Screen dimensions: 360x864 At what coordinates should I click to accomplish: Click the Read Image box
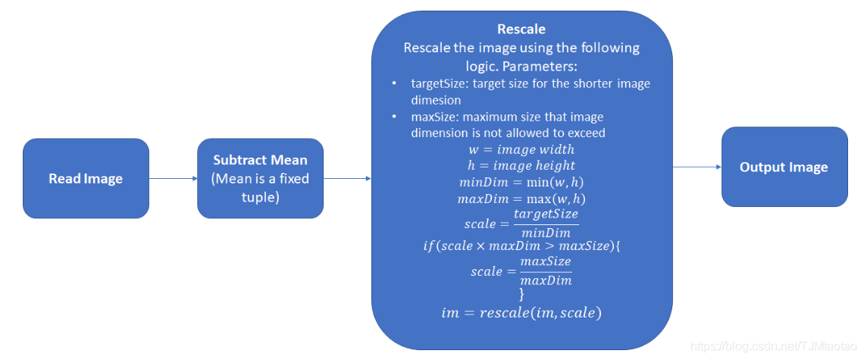[86, 179]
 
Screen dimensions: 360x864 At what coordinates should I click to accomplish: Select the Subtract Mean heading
[260, 160]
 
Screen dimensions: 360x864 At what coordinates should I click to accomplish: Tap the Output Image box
[784, 167]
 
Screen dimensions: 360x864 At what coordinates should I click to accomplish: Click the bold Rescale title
[521, 30]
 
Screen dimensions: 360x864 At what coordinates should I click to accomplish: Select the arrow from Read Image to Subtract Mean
[173, 179]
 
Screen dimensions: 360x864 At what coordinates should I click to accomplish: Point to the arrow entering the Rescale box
[346, 179]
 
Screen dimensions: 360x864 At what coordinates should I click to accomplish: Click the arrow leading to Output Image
[697, 167]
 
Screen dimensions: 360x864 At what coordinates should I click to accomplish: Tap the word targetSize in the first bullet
[437, 83]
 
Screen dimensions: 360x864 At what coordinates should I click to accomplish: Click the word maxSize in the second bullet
[434, 117]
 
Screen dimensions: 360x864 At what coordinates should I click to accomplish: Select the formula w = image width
[521, 149]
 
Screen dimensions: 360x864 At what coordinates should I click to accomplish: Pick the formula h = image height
[521, 165]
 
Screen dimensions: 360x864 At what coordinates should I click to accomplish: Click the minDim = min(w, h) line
[521, 182]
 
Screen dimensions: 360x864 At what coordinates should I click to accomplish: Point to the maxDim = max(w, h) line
[521, 199]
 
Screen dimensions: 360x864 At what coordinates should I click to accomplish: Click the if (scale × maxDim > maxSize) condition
[521, 246]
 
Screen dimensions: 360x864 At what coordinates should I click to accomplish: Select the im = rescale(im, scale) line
[521, 312]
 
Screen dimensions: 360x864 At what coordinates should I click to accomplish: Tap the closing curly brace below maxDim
[521, 294]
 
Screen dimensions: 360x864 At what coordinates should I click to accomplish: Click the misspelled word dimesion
[436, 99]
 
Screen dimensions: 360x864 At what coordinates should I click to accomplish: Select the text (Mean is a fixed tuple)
[260, 187]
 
